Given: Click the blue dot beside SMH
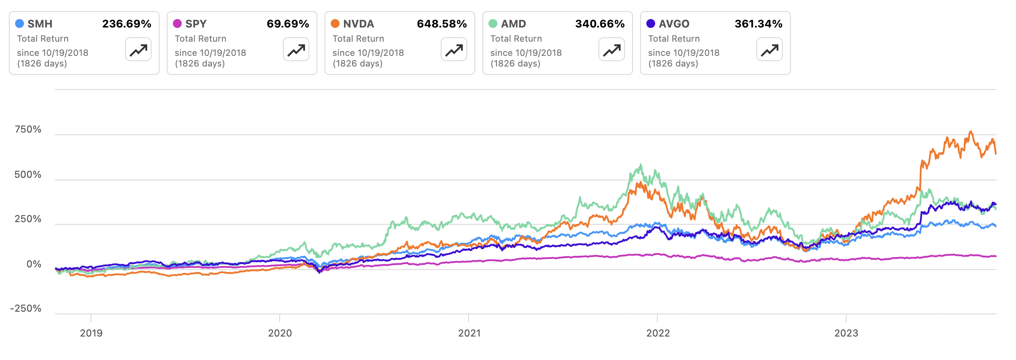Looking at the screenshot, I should point(20,23).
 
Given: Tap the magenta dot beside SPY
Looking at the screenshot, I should point(177,23).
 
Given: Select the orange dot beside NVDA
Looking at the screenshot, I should point(335,23).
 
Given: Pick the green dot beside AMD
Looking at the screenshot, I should point(493,23).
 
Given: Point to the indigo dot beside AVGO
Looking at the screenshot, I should point(651,23).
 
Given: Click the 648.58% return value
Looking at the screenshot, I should point(442,24).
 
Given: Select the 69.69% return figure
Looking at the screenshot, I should point(288,24).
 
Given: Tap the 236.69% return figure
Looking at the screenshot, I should point(127,24).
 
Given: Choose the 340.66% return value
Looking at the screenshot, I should point(600,24).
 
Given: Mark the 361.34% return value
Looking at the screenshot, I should point(758,24).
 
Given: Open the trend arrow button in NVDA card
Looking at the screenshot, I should point(454,50).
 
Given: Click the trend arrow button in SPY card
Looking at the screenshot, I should point(296,50).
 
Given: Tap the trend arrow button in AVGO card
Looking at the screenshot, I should point(770,50).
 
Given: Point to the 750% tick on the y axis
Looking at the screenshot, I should point(28,129).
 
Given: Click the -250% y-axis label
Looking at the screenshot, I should point(26,309).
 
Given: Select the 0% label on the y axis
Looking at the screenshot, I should point(34,264).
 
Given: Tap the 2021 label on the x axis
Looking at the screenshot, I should point(469,333).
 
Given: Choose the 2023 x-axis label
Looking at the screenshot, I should point(846,333).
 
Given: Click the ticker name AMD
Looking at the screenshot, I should point(513,24).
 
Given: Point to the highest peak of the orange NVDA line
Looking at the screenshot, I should point(971,131).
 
